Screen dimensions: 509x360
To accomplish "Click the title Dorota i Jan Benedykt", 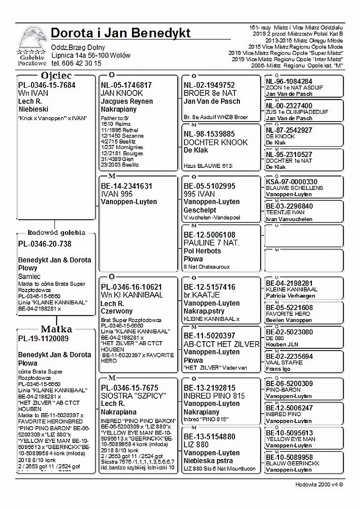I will [121, 33].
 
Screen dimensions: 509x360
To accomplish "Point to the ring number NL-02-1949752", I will [209, 85].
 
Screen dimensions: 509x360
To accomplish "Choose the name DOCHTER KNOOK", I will [216, 142].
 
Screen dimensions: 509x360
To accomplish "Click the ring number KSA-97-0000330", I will [292, 182].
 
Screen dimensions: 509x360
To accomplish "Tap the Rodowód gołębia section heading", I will [56, 233].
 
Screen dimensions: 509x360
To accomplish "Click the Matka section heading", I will [56, 329].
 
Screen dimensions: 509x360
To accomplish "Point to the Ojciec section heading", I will [56, 76].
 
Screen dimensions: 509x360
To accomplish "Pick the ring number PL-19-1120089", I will [43, 338].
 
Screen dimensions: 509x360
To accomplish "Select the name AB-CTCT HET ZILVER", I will [221, 344].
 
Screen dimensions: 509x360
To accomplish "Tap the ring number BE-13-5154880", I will [209, 437].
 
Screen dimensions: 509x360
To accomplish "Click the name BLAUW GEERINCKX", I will [292, 463].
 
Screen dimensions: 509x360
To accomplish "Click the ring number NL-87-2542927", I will [289, 130].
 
